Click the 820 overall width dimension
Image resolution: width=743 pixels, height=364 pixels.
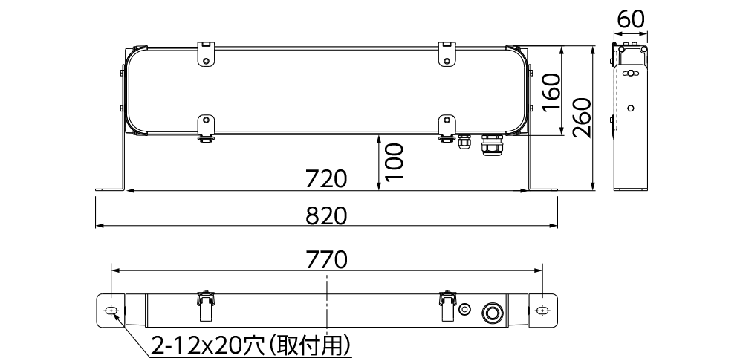[327, 215]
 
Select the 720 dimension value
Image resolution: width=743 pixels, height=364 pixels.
[327, 179]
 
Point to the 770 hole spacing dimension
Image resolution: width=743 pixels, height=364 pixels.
[327, 260]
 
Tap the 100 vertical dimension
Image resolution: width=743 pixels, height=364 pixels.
[394, 162]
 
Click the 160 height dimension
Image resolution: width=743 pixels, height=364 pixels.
[551, 91]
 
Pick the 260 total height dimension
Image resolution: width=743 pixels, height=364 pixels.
[582, 117]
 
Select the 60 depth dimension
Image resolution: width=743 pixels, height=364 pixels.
[631, 19]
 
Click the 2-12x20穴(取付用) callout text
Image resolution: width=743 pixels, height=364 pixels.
[251, 345]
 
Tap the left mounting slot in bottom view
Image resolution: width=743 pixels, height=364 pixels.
[111, 310]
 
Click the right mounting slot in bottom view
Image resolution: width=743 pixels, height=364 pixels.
[542, 310]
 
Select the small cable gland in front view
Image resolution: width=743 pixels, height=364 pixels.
[464, 140]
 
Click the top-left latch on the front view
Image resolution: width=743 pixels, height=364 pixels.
[206, 53]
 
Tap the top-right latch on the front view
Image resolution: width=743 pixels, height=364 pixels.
[447, 53]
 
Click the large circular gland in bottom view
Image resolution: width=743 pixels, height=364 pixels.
[491, 311]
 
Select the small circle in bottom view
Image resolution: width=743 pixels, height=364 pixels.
[465, 310]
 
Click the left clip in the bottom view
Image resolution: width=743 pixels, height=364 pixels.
[206, 305]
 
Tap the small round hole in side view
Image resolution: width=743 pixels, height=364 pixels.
[631, 108]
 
